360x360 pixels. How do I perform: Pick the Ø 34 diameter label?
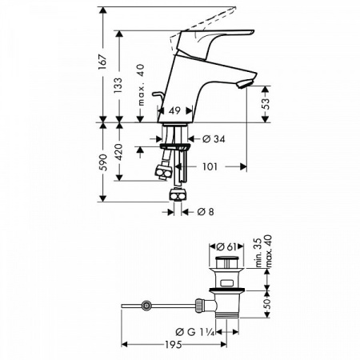tap(212, 138)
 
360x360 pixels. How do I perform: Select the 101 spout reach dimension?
tap(210, 167)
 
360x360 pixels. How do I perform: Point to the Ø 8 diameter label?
tap(205, 211)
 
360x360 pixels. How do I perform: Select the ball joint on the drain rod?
tap(146, 305)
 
